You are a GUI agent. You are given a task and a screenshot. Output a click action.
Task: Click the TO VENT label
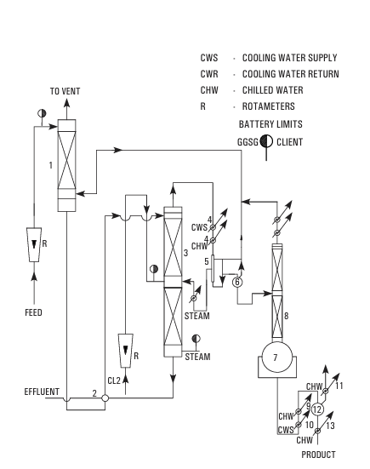65,91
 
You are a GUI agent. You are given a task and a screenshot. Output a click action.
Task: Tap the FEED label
33,312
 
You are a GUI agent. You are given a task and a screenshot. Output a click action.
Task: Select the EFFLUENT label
42,392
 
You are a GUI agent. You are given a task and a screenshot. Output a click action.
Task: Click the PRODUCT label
318,455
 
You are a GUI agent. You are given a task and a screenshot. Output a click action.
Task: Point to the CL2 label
114,380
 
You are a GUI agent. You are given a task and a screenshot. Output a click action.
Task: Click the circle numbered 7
277,357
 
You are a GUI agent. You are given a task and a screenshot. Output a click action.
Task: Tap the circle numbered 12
317,409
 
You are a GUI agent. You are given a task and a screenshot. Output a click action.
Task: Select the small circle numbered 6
237,282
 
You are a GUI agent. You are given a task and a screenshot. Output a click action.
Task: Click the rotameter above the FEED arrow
34,244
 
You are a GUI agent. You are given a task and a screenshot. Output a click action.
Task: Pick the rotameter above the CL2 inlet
126,351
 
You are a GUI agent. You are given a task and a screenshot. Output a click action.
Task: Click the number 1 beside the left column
51,165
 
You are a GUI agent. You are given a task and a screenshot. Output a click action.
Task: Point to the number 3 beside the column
186,253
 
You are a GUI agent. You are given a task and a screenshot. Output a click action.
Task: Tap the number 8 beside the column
287,316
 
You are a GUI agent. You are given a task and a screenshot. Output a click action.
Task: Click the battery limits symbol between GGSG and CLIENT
266,141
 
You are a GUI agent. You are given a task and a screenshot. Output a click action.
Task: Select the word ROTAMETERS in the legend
269,106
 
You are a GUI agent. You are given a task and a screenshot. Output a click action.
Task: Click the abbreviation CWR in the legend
209,74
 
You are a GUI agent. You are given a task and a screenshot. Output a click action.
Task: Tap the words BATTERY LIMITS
270,124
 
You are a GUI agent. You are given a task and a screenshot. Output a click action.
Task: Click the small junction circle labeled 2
105,398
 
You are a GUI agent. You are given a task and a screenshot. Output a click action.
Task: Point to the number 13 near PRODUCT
330,426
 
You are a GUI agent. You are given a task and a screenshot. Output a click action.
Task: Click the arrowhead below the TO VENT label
66,103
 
